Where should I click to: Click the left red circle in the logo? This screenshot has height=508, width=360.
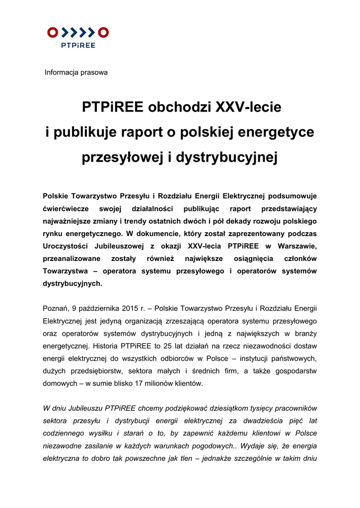[x=53, y=33]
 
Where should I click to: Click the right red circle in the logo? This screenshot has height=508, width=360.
[x=103, y=33]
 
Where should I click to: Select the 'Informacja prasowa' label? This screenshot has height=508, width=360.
[x=76, y=72]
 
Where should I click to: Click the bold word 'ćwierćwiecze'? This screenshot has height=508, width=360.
[x=65, y=208]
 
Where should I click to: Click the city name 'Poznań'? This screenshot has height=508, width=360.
[x=56, y=309]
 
